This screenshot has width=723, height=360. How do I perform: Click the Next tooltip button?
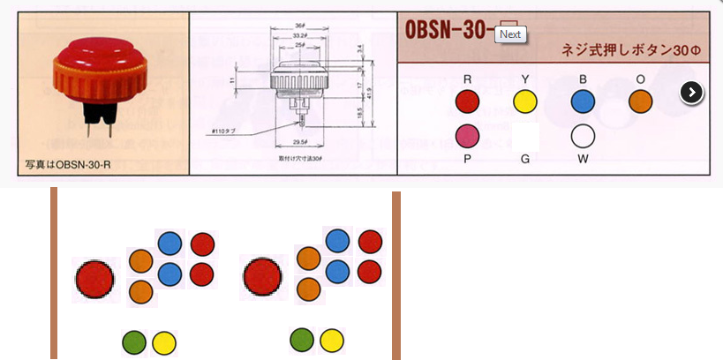[x=510, y=34]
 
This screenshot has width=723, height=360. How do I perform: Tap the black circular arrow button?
[x=692, y=92]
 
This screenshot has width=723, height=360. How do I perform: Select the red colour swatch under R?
[x=466, y=102]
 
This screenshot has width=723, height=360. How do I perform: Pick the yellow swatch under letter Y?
[x=525, y=102]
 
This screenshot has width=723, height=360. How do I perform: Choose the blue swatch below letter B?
[x=583, y=102]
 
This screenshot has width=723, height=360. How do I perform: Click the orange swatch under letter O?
[x=640, y=102]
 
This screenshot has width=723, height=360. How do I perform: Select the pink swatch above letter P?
[x=466, y=136]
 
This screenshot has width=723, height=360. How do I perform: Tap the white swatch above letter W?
[x=583, y=136]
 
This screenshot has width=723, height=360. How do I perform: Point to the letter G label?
[x=525, y=159]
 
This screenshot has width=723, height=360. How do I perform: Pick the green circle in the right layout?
[x=302, y=339]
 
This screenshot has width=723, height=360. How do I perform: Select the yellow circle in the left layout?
[x=163, y=342]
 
